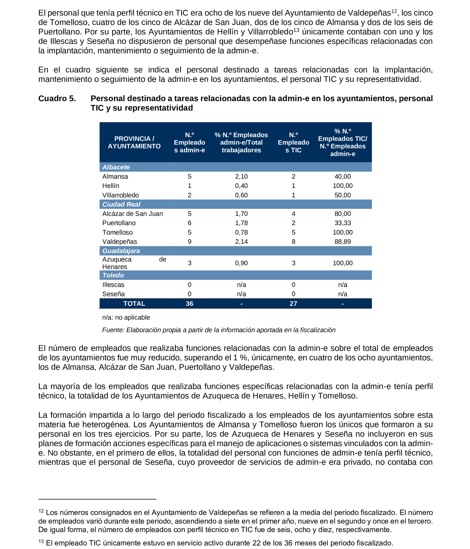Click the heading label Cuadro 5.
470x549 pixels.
(x=57, y=98)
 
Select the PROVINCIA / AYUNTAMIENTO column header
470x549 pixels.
(x=134, y=142)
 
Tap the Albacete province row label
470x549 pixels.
(x=116, y=167)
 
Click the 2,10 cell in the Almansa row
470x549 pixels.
(x=241, y=176)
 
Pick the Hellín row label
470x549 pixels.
(x=111, y=186)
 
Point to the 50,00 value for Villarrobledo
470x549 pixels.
(x=342, y=195)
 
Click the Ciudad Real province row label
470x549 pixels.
(x=121, y=204)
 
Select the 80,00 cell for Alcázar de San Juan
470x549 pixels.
(x=342, y=214)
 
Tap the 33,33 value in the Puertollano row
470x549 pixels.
(x=342, y=223)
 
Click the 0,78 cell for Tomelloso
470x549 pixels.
(x=241, y=232)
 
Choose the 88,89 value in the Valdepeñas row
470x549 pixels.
(x=342, y=242)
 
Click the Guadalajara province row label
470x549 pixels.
(x=121, y=251)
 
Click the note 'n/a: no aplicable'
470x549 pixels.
(x=126, y=317)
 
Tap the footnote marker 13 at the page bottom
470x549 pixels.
(x=41, y=541)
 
